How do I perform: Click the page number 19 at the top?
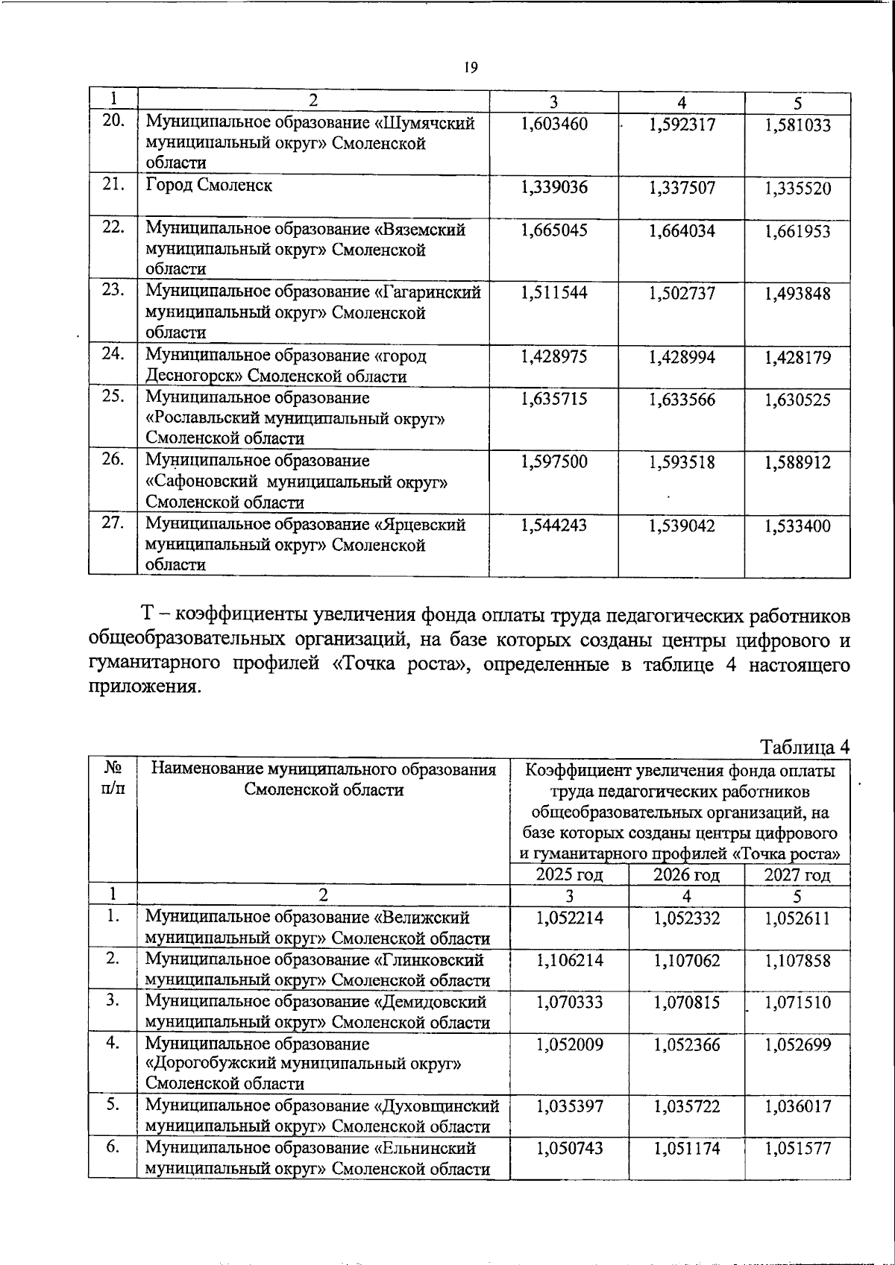pyautogui.click(x=470, y=68)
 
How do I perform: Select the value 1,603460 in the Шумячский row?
pyautogui.click(x=554, y=124)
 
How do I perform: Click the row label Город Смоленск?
pyautogui.click(x=208, y=186)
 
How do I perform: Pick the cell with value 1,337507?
pyautogui.click(x=682, y=188)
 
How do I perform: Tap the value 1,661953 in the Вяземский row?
pyautogui.click(x=797, y=231)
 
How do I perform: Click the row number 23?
pyautogui.click(x=113, y=291)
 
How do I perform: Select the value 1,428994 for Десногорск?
pyautogui.click(x=682, y=358)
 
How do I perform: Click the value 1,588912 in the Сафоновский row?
pyautogui.click(x=797, y=463)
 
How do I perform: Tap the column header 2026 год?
pyautogui.click(x=686, y=874)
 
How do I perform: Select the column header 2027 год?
pyautogui.click(x=797, y=874)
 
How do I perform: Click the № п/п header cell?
pyautogui.click(x=113, y=778)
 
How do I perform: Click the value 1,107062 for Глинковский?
pyautogui.click(x=686, y=961)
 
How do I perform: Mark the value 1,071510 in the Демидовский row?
pyautogui.click(x=797, y=1003)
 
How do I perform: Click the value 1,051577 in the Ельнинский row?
pyautogui.click(x=797, y=1149)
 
